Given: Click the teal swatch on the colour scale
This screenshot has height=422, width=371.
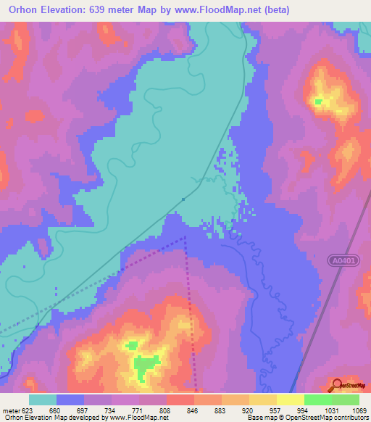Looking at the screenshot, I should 43,400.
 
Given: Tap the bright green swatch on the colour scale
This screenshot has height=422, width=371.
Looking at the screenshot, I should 318,400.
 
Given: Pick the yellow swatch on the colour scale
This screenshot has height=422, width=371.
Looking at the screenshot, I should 291,400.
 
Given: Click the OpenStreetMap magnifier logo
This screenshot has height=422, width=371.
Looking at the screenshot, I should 337,385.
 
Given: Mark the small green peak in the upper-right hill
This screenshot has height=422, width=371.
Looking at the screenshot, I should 319,102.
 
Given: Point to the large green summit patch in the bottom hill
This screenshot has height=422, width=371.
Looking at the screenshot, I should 148,365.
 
